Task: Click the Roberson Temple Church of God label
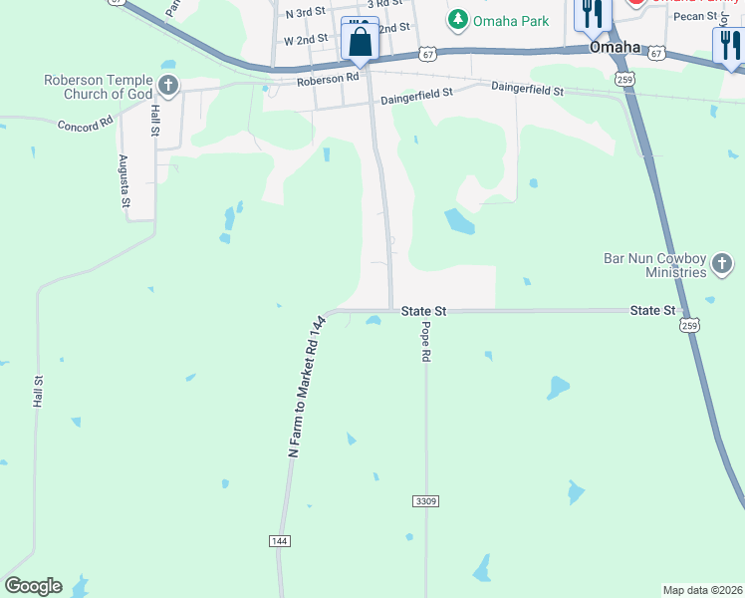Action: click(x=98, y=87)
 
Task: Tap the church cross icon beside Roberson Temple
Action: click(x=168, y=86)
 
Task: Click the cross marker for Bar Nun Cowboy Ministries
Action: click(x=722, y=264)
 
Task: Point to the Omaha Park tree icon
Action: click(x=457, y=19)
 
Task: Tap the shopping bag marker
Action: click(x=360, y=42)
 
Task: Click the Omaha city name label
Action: click(x=615, y=47)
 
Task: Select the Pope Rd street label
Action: click(x=425, y=341)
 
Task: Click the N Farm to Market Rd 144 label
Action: click(x=308, y=387)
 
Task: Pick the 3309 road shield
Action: click(x=423, y=500)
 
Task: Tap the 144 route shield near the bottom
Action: click(x=280, y=540)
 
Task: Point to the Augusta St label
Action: click(x=124, y=180)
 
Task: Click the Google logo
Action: click(x=33, y=586)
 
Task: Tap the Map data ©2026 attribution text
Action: click(x=702, y=590)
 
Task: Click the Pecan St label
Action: click(x=701, y=17)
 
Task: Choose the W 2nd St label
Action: click(x=306, y=41)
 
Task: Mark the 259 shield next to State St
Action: click(x=689, y=326)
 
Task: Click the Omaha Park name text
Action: click(x=511, y=21)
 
